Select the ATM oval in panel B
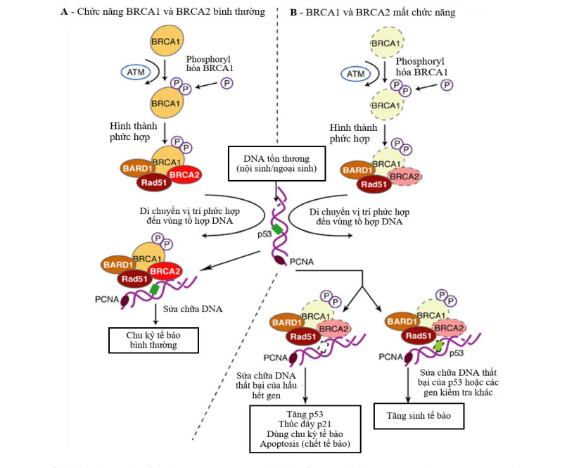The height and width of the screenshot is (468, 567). tap(357, 73)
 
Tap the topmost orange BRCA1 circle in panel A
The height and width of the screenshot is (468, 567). tap(165, 42)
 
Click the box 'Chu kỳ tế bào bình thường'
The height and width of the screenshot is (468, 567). tap(153, 341)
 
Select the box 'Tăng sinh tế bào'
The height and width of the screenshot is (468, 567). tap(419, 416)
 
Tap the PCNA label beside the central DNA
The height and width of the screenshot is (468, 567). tap(302, 261)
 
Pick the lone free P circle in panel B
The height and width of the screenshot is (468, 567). tap(447, 85)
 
